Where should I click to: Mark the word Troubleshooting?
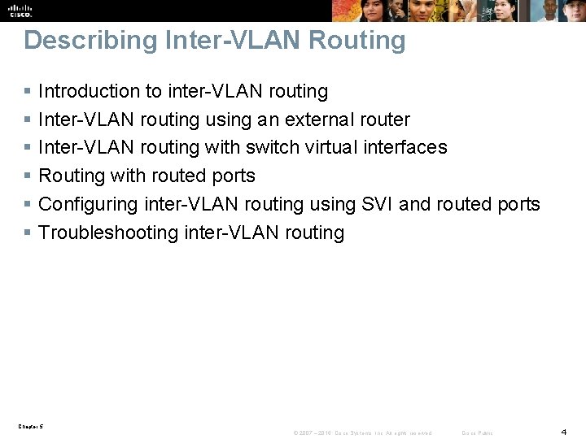(109, 233)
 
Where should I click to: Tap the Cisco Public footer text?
(477, 432)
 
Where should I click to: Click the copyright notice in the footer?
(362, 432)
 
